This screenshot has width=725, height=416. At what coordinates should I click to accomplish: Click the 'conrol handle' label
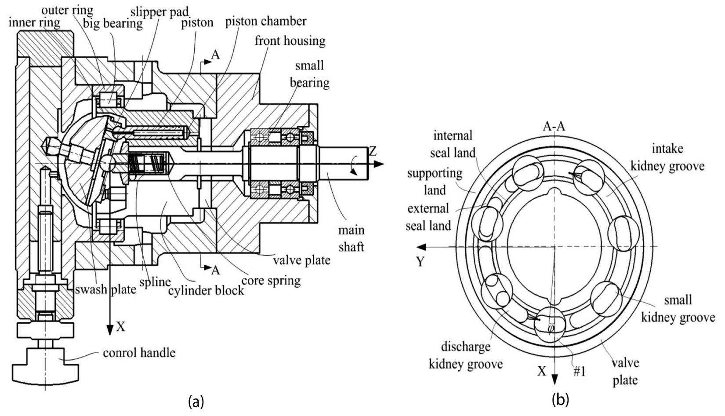click(x=139, y=353)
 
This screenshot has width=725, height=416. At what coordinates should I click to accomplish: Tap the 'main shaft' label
click(x=352, y=238)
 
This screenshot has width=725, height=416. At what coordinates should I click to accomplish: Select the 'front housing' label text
click(x=290, y=41)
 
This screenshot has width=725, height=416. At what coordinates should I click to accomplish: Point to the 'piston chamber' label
click(x=266, y=22)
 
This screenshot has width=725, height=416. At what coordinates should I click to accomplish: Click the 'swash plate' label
click(x=105, y=289)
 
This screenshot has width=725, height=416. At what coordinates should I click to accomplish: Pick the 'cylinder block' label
click(x=206, y=290)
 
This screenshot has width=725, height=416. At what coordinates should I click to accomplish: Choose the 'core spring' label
click(x=271, y=281)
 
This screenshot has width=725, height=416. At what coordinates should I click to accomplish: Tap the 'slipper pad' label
click(x=159, y=12)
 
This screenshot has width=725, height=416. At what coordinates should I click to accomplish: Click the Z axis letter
click(x=373, y=151)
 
